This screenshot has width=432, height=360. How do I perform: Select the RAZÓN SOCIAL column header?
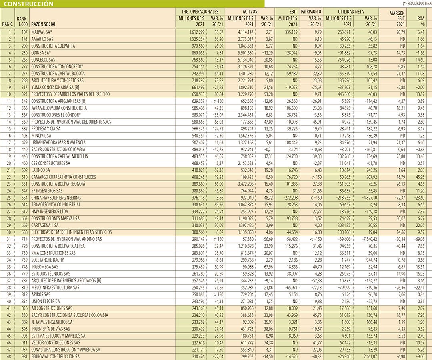coord(44,24)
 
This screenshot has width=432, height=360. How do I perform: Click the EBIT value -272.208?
coord(288,198)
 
